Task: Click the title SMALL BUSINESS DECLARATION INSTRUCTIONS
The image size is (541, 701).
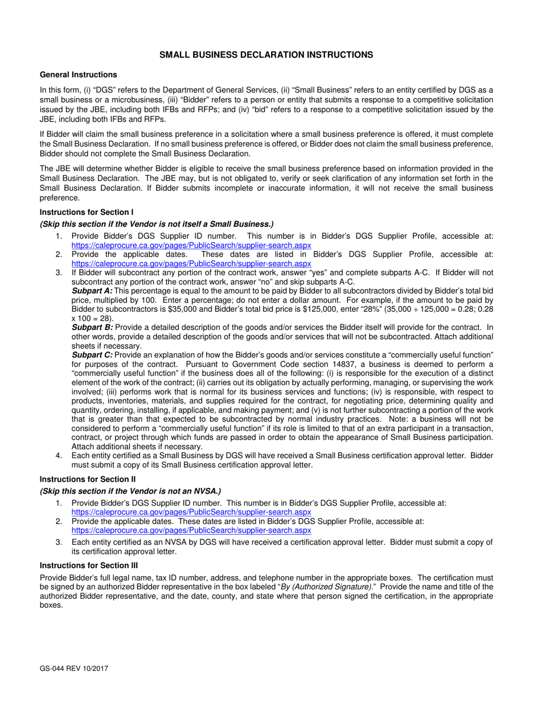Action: pyautogui.click(x=266, y=55)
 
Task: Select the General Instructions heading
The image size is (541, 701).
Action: pyautogui.click(x=78, y=75)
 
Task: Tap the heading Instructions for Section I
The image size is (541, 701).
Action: pyautogui.click(x=87, y=212)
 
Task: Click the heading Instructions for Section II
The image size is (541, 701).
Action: pyautogui.click(x=88, y=479)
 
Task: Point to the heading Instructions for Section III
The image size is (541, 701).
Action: pyautogui.click(x=89, y=565)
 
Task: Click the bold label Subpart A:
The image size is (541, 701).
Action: pyautogui.click(x=92, y=291)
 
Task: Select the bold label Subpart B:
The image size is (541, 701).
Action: pyautogui.click(x=92, y=328)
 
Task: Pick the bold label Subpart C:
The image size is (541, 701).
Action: pyautogui.click(x=92, y=355)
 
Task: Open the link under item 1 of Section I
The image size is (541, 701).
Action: pyautogui.click(x=191, y=245)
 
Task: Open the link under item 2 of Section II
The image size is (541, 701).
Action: pyautogui.click(x=191, y=529)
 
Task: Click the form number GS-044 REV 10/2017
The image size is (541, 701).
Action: pyautogui.click(x=74, y=668)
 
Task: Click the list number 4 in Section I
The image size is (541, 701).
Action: pyautogui.click(x=59, y=456)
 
